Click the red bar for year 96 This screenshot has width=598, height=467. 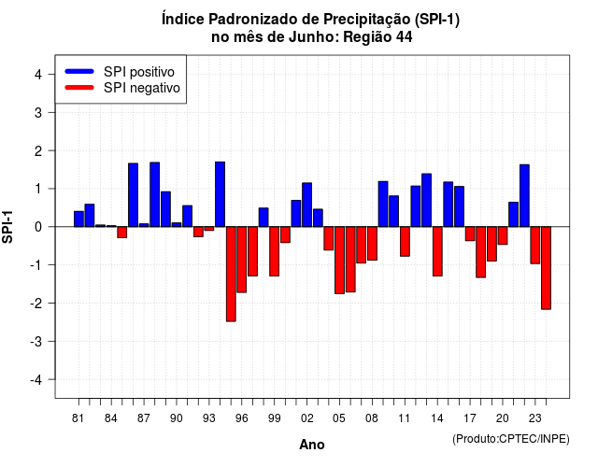tap(241, 260)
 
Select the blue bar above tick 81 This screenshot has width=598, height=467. tap(78, 219)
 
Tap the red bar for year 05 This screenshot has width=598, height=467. tap(339, 260)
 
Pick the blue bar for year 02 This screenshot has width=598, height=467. tap(307, 205)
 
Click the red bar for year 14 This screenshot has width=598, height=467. tap(437, 251)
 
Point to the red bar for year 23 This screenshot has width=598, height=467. tap(535, 245)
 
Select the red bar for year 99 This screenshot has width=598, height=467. tap(274, 251)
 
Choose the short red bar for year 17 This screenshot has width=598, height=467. tap(470, 233)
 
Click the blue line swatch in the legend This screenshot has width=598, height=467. tap(79, 71)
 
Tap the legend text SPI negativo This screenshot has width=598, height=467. tap(142, 88)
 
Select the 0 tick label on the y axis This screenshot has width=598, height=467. tap(38, 227)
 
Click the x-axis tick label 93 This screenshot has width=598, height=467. tap(209, 418)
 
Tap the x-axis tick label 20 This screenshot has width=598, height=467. tap(503, 418)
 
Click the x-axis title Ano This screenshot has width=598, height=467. tap(312, 445)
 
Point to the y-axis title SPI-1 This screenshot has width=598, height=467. tap(7, 227)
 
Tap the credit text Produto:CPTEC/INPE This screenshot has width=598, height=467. tap(511, 439)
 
